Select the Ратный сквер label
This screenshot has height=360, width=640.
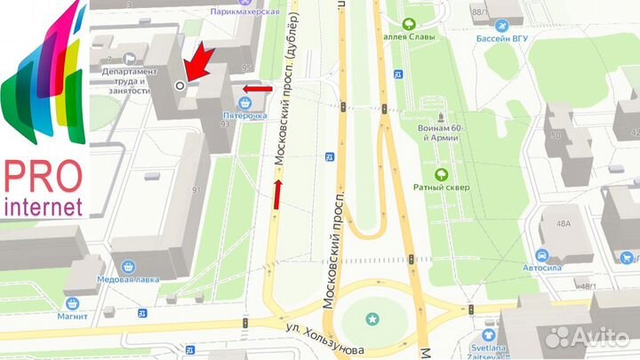coord(434,187)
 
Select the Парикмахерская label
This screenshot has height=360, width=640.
coord(245,12)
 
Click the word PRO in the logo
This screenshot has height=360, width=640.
coord(44,176)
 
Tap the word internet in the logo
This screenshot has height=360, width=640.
coord(44,207)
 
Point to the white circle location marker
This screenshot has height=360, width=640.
coord(180,85)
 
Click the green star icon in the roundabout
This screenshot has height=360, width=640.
coord(372,317)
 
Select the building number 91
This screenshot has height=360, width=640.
coord(196,189)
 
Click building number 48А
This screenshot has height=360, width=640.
coord(564,225)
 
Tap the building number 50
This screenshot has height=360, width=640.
coord(556,135)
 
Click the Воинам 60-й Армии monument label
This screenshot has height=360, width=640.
coord(436,132)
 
